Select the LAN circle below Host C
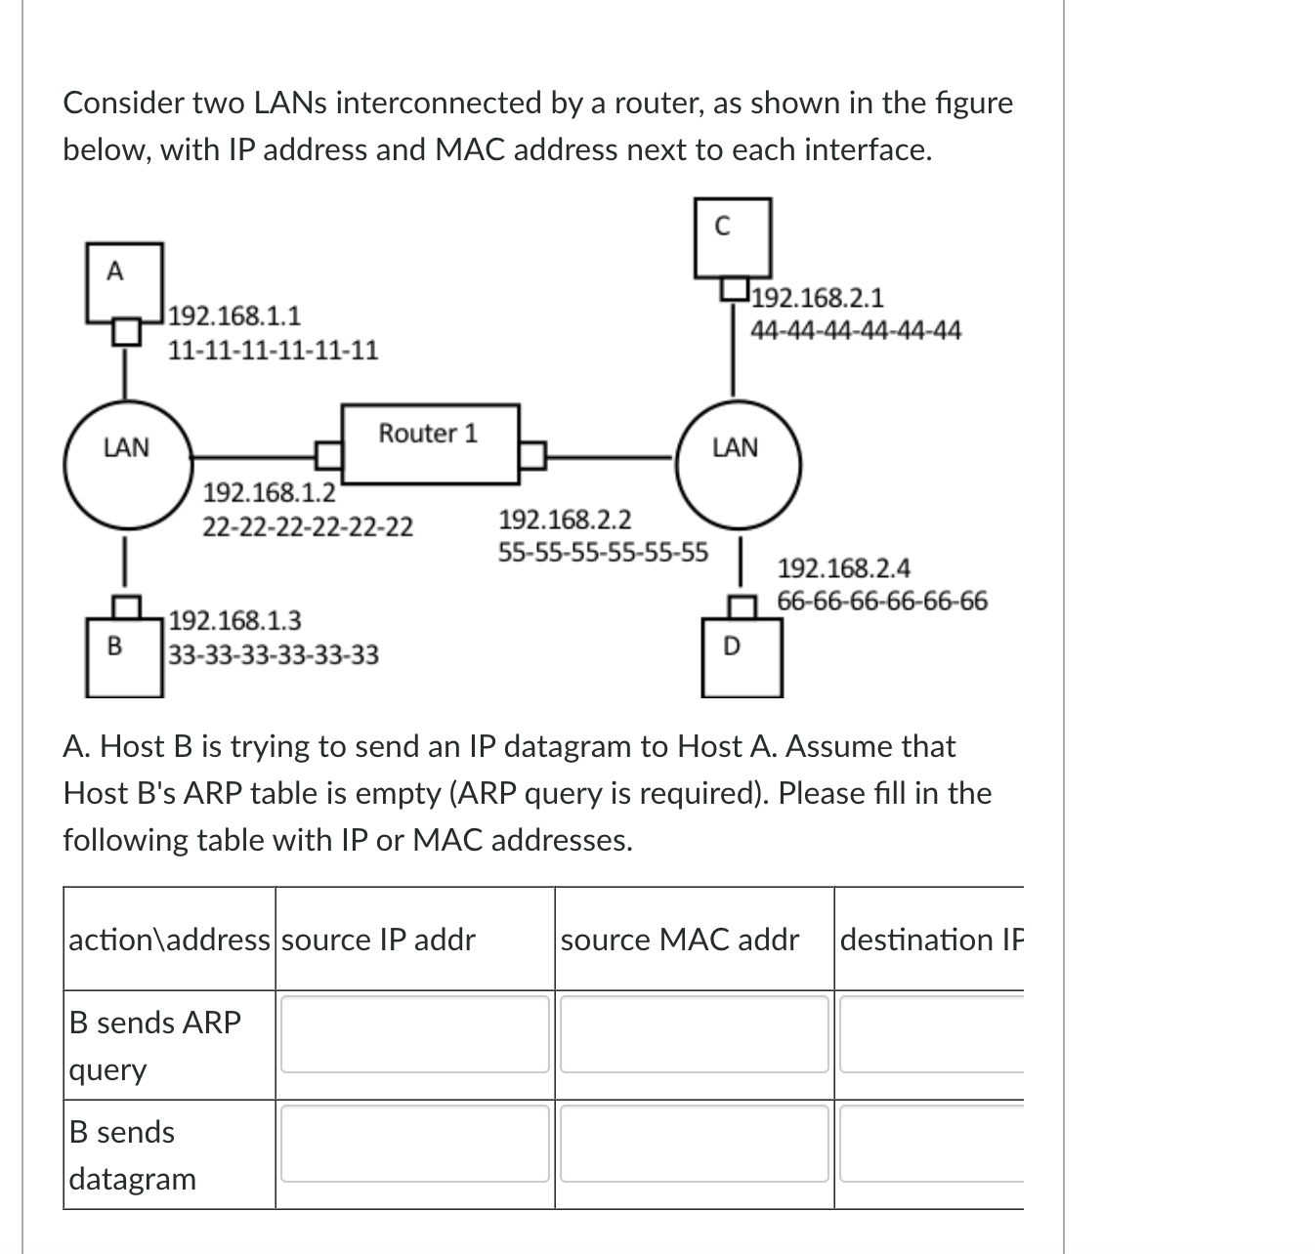pyautogui.click(x=737, y=464)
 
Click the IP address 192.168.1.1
pyautogui.click(x=234, y=315)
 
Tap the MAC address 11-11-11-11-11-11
pyautogui.click(x=274, y=350)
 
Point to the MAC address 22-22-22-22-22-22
pyautogui.click(x=308, y=527)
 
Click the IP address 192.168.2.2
pyautogui.click(x=565, y=518)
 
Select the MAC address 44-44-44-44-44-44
pyautogui.click(x=856, y=331)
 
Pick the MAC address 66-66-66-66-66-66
pyautogui.click(x=882, y=601)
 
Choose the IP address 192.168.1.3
pyautogui.click(x=235, y=620)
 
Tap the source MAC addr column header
pyautogui.click(x=680, y=940)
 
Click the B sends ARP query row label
pyautogui.click(x=155, y=1045)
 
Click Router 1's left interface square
pyautogui.click(x=328, y=454)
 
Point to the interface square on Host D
pyautogui.click(x=743, y=606)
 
